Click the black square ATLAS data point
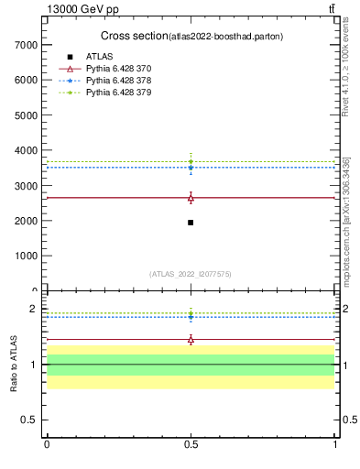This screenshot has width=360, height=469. (x=191, y=223)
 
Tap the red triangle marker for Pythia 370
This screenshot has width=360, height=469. (x=191, y=198)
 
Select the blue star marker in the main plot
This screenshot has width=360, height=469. (x=191, y=168)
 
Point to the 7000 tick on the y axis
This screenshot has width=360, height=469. (x=24, y=45)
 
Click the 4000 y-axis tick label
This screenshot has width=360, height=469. (x=24, y=150)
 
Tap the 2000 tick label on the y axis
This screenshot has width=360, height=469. (x=24, y=221)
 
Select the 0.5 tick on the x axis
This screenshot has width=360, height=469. (x=191, y=443)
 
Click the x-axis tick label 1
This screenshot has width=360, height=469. (x=335, y=443)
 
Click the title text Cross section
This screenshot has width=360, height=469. (x=133, y=36)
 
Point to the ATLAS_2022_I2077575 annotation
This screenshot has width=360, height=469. (x=190, y=273)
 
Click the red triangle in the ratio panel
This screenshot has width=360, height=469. (x=191, y=340)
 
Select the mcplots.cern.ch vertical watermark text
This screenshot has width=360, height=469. (x=346, y=220)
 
